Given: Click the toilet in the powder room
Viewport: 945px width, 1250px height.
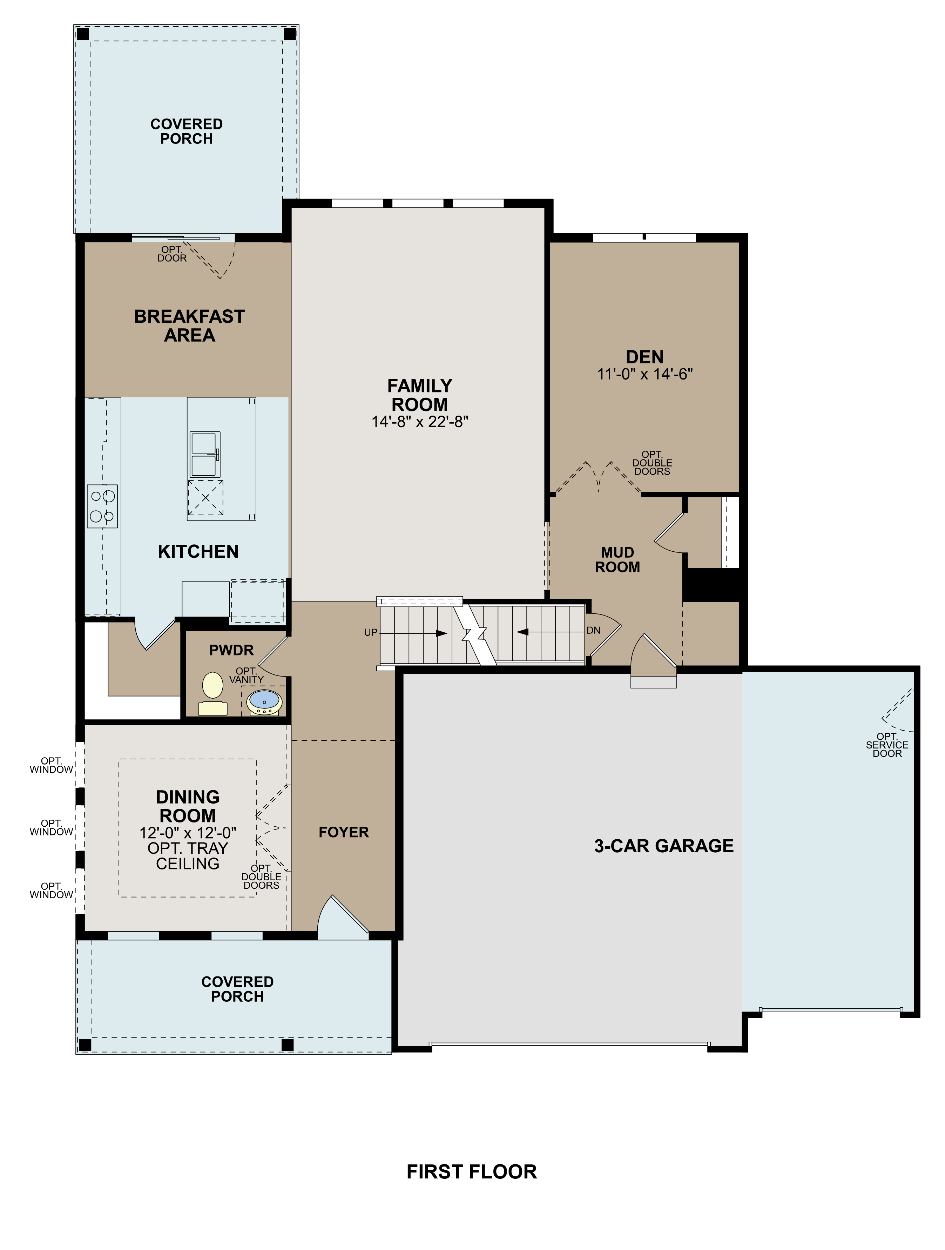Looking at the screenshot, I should [212, 693].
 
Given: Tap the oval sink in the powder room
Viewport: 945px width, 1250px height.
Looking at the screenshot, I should [264, 701].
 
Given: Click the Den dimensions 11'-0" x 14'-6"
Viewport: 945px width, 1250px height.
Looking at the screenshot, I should [644, 374].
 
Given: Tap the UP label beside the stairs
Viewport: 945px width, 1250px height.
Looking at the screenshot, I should [371, 632].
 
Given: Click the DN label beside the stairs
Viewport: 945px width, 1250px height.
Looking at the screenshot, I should [593, 630].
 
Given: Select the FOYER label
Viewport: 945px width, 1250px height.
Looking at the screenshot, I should [343, 832].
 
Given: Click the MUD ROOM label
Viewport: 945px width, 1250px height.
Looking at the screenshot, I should [617, 559].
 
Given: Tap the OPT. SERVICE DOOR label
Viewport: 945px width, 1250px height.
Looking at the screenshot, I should [887, 745].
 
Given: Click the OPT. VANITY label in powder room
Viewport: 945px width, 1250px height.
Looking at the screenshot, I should [246, 675].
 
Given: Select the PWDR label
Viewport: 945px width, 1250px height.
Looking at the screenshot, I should [231, 651].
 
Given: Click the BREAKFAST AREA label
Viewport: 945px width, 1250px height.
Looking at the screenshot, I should [189, 325].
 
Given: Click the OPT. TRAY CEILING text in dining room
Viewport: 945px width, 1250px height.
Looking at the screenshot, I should [188, 855].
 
